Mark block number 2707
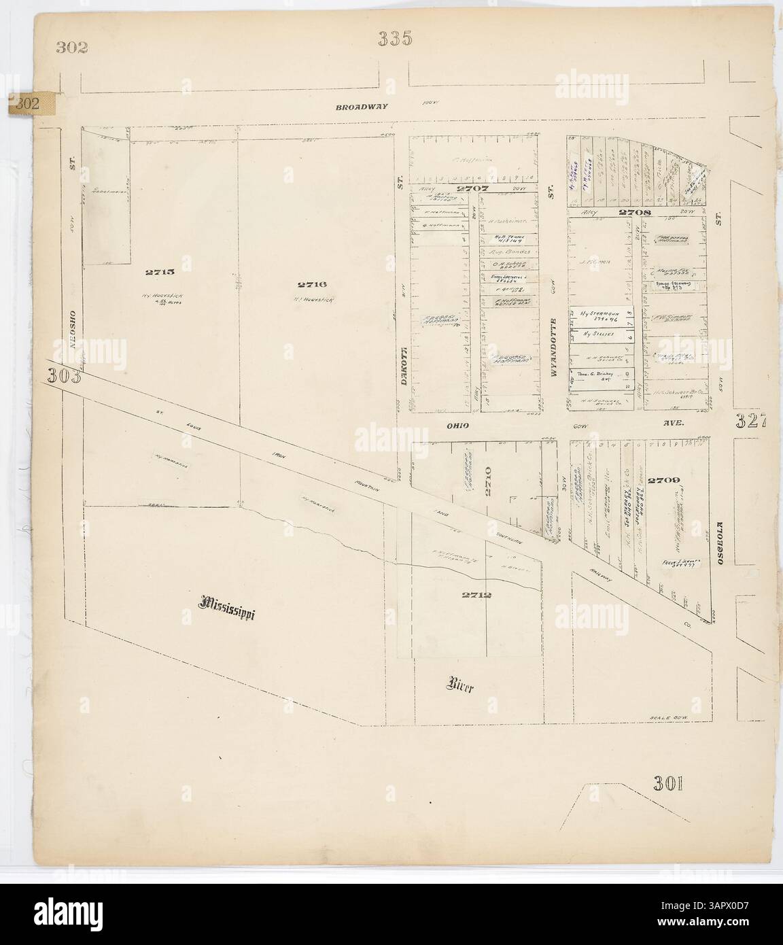[472, 188]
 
